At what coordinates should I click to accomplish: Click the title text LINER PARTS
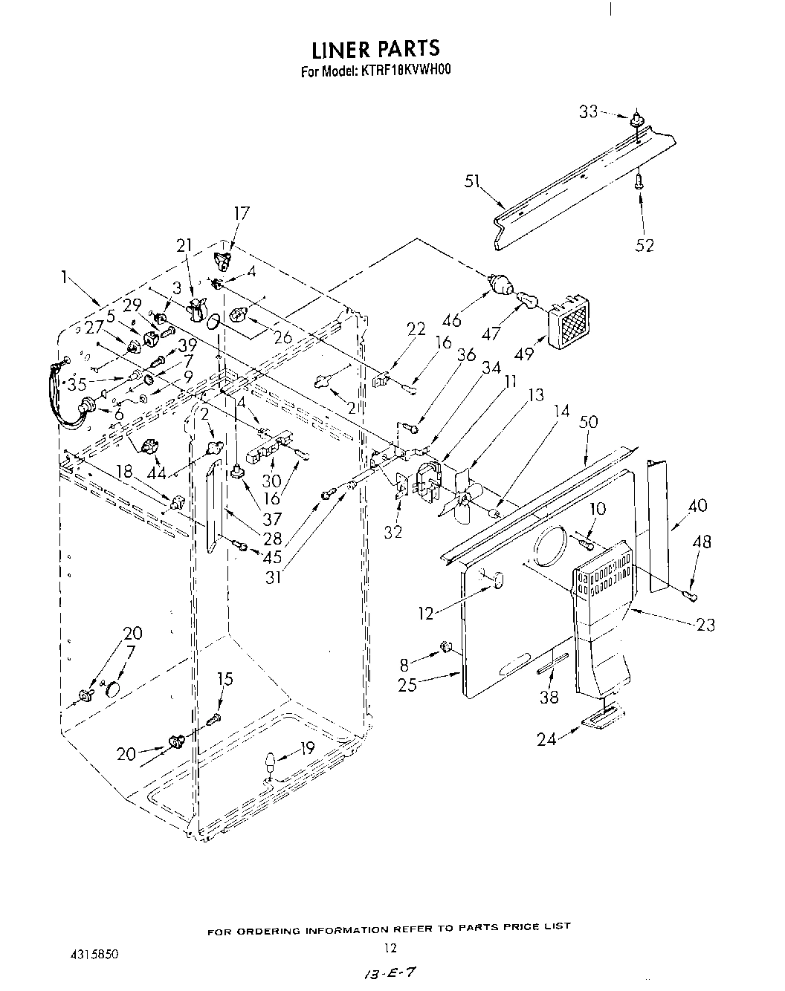click(375, 49)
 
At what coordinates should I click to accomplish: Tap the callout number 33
click(588, 112)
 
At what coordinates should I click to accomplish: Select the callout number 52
click(645, 244)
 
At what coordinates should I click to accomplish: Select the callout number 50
click(588, 423)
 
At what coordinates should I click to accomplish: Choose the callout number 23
click(705, 624)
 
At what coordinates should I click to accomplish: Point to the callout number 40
click(698, 506)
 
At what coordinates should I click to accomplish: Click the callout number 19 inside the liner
click(307, 748)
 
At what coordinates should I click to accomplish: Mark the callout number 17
click(242, 214)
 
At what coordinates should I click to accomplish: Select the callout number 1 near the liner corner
click(67, 278)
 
